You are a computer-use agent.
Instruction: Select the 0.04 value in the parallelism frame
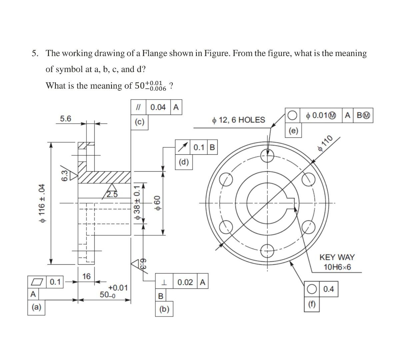tap(158, 107)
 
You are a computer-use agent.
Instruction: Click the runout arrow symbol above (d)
tap(183, 147)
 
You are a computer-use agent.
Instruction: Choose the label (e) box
tap(293, 130)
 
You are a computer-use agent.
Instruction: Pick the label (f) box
tap(312, 304)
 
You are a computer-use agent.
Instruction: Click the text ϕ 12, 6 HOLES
tap(239, 120)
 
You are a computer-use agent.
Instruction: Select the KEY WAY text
tap(337, 257)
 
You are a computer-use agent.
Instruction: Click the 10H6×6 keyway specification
tap(337, 267)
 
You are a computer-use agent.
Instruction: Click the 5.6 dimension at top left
tap(65, 119)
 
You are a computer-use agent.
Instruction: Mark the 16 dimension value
tap(86, 276)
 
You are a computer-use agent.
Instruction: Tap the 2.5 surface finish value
tap(112, 195)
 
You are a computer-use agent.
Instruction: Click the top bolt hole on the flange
tap(267, 154)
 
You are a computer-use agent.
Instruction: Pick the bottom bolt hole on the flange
tap(267, 251)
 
